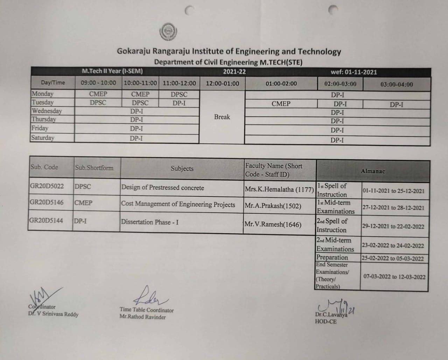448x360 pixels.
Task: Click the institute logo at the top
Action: point(168,32)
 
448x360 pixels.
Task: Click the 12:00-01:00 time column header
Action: point(222,84)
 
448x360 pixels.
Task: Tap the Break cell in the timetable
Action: point(222,117)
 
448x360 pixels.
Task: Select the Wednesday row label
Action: point(47,111)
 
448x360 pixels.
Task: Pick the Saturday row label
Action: point(43,138)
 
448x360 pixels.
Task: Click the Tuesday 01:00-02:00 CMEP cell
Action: point(281,104)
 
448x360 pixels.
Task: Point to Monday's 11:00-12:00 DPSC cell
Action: point(179,95)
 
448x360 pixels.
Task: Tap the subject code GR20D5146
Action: point(46,202)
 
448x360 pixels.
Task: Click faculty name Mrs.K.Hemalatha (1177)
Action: point(279,189)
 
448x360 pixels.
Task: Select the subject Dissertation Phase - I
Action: point(149,222)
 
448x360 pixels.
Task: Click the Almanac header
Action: point(373,171)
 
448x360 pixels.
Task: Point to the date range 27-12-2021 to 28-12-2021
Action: point(393,208)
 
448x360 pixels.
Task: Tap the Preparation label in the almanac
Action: point(332,257)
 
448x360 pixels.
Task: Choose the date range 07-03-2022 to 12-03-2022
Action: point(394,277)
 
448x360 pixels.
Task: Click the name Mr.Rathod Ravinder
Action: point(142,317)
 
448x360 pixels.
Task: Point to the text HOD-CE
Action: point(325,321)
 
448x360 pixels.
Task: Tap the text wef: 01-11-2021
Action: point(354,72)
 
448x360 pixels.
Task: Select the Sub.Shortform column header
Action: point(94,168)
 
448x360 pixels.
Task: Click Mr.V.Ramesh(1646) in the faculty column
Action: point(273,224)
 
